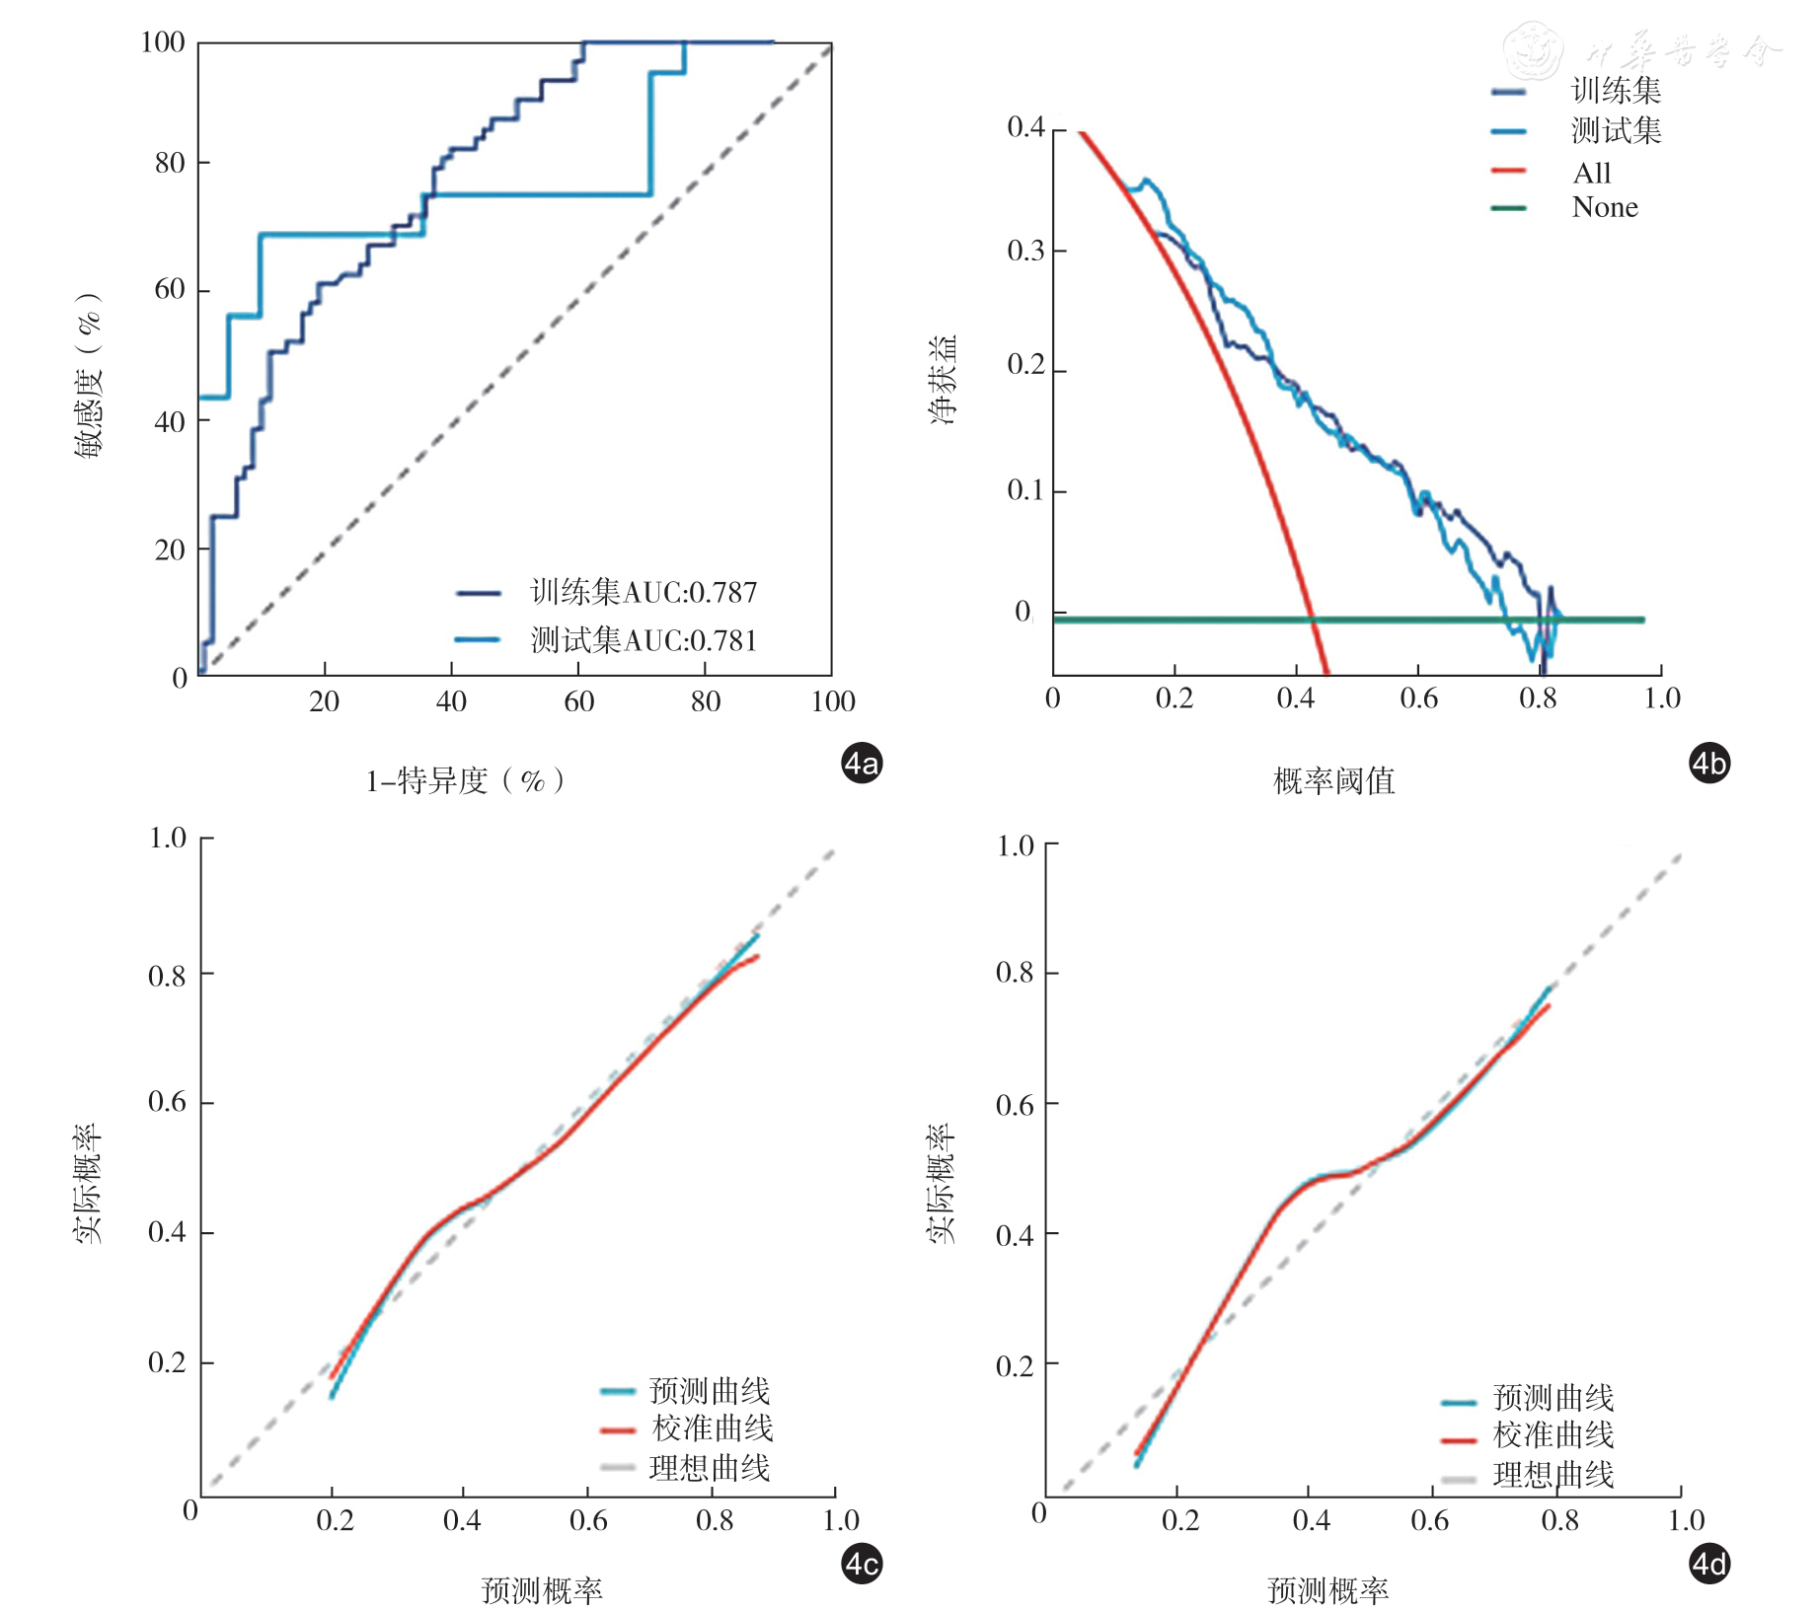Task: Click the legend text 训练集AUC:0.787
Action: coord(644,592)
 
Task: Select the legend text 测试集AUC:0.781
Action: coord(644,640)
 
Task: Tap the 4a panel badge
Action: coord(861,763)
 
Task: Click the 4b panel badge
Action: coord(1709,763)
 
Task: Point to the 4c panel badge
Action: coord(861,1564)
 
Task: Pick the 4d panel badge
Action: coord(1709,1564)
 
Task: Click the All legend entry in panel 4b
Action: coord(1591,173)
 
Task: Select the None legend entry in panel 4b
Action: coord(1605,207)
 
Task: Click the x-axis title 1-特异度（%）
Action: coord(465,781)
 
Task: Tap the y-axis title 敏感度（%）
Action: coord(89,375)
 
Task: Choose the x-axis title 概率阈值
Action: coord(1333,781)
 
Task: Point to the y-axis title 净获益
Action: coord(944,380)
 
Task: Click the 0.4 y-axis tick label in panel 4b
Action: coord(1025,127)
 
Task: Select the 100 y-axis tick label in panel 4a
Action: coord(163,41)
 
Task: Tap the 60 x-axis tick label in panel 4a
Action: coord(578,701)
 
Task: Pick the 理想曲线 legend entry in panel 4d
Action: coord(1554,1475)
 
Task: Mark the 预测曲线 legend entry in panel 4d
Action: coord(1554,1398)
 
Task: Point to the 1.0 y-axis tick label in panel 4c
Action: coord(167,838)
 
